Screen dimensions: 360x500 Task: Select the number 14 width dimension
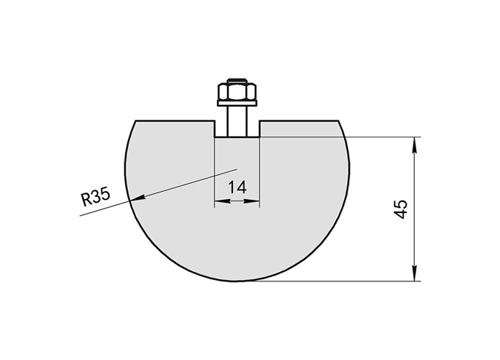click(x=237, y=187)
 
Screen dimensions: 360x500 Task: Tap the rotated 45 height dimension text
click(x=401, y=208)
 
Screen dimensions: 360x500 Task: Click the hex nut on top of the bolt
click(x=237, y=93)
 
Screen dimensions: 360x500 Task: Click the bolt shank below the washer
click(x=237, y=121)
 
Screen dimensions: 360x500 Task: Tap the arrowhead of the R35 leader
click(x=134, y=198)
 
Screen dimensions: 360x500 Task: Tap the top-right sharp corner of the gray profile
click(x=340, y=119)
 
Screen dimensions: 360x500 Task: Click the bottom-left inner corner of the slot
click(x=214, y=137)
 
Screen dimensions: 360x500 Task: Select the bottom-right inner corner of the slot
click(x=260, y=137)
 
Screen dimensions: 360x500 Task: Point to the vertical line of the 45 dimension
click(x=416, y=209)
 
